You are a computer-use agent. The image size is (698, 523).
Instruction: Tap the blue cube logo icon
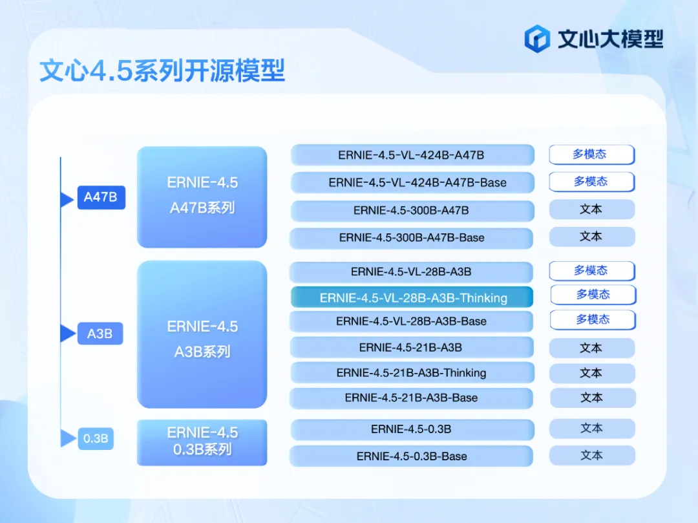[x=536, y=39]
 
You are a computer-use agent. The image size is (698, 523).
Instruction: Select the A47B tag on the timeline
[x=101, y=197]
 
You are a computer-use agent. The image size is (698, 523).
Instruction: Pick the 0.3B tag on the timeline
[x=95, y=438]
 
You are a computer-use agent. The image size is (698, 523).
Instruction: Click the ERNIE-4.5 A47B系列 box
[x=202, y=197]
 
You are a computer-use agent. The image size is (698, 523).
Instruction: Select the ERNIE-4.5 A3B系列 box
[x=202, y=335]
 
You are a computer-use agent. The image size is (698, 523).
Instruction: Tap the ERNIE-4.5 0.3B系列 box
[x=202, y=442]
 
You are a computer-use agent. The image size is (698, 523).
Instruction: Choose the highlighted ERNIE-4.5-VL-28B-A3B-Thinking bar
[x=412, y=297]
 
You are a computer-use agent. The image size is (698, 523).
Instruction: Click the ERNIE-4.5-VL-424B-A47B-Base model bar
[x=412, y=182]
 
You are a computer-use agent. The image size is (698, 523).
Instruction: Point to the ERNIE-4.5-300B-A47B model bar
[x=412, y=211]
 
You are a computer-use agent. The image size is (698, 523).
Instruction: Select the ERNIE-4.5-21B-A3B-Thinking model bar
[x=412, y=373]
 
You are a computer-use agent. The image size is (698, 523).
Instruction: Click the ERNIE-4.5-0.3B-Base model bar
[x=412, y=456]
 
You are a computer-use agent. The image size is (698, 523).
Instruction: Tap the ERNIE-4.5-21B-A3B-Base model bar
[x=412, y=398]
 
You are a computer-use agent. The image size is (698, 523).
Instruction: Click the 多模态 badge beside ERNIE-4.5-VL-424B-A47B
[x=591, y=155]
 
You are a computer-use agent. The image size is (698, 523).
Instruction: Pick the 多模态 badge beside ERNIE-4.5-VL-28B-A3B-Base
[x=593, y=320]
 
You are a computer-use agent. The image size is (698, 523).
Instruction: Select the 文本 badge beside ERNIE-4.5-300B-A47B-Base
[x=591, y=237]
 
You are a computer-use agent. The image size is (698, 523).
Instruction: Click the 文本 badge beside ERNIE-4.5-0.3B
[x=591, y=429]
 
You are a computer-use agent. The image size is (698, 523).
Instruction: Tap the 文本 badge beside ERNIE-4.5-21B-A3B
[x=591, y=348]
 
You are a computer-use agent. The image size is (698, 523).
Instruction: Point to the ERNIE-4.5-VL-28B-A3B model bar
[x=412, y=272]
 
